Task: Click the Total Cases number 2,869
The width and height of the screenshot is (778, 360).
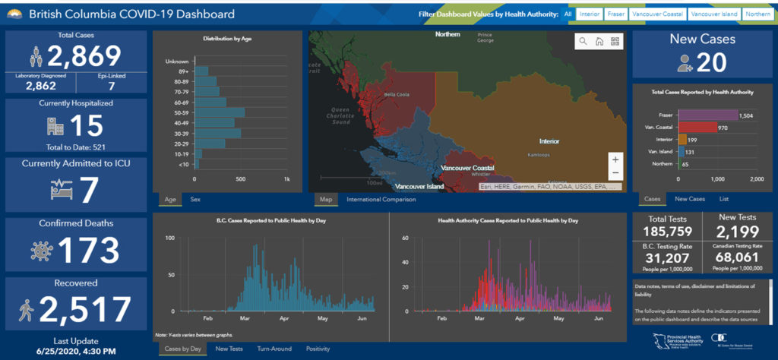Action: (84, 56)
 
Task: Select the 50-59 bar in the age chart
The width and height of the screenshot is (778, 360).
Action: (220, 112)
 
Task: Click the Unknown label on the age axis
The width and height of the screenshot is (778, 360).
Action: (177, 61)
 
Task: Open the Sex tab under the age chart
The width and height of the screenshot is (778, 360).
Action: (195, 200)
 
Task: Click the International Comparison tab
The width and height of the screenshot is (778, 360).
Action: (381, 200)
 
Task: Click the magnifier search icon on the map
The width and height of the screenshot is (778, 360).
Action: (582, 42)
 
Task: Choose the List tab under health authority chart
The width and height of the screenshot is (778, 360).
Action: (724, 199)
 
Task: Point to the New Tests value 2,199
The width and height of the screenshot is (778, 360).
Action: (738, 231)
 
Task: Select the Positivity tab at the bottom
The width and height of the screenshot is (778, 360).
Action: (318, 349)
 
